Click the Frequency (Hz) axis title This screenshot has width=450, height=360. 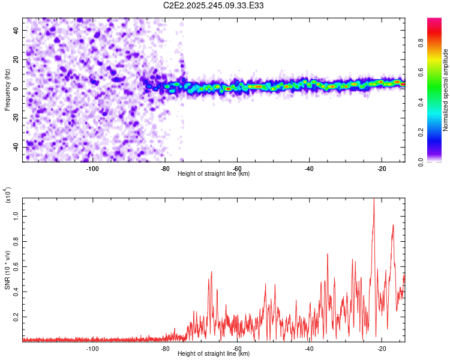pos(7,89)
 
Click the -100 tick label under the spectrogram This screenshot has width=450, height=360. pos(92,169)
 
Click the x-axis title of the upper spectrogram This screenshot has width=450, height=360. pos(214,173)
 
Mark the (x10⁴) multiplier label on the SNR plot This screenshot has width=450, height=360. pos(8,196)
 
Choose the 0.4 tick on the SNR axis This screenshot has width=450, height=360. pos(16,291)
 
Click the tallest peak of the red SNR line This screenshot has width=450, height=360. pos(374,199)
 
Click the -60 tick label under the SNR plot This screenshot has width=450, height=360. pos(237,349)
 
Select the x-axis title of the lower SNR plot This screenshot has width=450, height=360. pos(214,353)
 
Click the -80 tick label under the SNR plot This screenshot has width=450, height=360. pos(164,349)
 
